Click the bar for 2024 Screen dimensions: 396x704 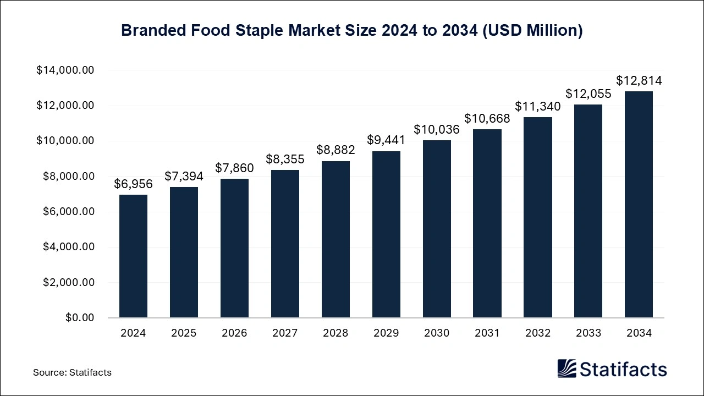(x=133, y=256)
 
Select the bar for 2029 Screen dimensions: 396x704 (x=386, y=234)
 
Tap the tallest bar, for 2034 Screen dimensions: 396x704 (x=639, y=205)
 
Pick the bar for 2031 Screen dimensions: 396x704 (x=487, y=223)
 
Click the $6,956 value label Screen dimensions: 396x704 (x=133, y=184)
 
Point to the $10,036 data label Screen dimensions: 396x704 (x=437, y=129)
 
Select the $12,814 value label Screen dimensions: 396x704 (x=639, y=81)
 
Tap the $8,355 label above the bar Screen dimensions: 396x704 (x=285, y=159)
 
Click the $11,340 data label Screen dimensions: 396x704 (x=538, y=106)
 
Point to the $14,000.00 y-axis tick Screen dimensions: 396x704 (x=65, y=70)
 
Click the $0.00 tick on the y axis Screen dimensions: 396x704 (x=80, y=318)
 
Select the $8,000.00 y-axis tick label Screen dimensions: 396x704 (x=68, y=177)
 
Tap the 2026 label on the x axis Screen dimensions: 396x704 (x=234, y=333)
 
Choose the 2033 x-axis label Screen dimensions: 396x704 (x=588, y=333)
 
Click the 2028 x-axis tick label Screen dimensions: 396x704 (x=335, y=333)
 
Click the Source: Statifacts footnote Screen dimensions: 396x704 (x=72, y=372)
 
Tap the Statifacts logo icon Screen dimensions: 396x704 (x=566, y=369)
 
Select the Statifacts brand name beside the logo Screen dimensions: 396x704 (x=623, y=369)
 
